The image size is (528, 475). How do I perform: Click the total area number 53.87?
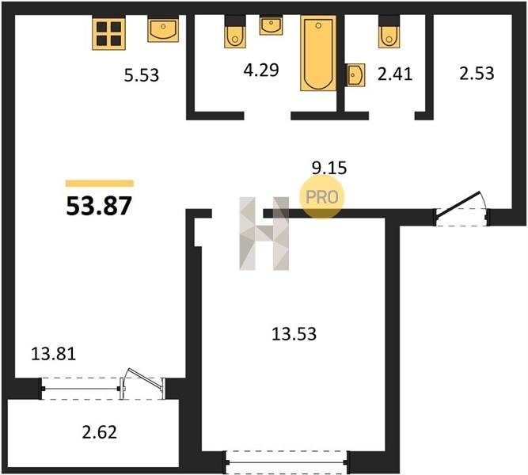pos(99,206)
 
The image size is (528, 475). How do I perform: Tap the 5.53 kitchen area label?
pos(142,75)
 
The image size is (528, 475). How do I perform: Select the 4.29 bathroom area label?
pos(261,70)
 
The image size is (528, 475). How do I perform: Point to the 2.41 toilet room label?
pos(395,74)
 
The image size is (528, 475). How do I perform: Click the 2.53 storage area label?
pos(477,73)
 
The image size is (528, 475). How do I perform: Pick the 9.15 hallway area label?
pos(329,168)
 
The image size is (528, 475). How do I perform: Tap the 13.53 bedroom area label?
pos(294,334)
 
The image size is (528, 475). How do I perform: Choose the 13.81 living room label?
pos(54,354)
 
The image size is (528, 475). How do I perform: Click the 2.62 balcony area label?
pos(99,432)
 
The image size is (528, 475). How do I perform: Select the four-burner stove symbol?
pos(108,34)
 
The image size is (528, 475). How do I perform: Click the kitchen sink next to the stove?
pos(163,30)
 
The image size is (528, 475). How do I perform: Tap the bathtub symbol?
pos(318,53)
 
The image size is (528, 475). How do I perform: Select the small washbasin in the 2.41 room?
pos(356,75)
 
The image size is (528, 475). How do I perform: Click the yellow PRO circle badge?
pos(321,197)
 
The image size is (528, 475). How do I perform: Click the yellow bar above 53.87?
pos(100,183)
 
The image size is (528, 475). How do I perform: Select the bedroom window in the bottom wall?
pos(287,462)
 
